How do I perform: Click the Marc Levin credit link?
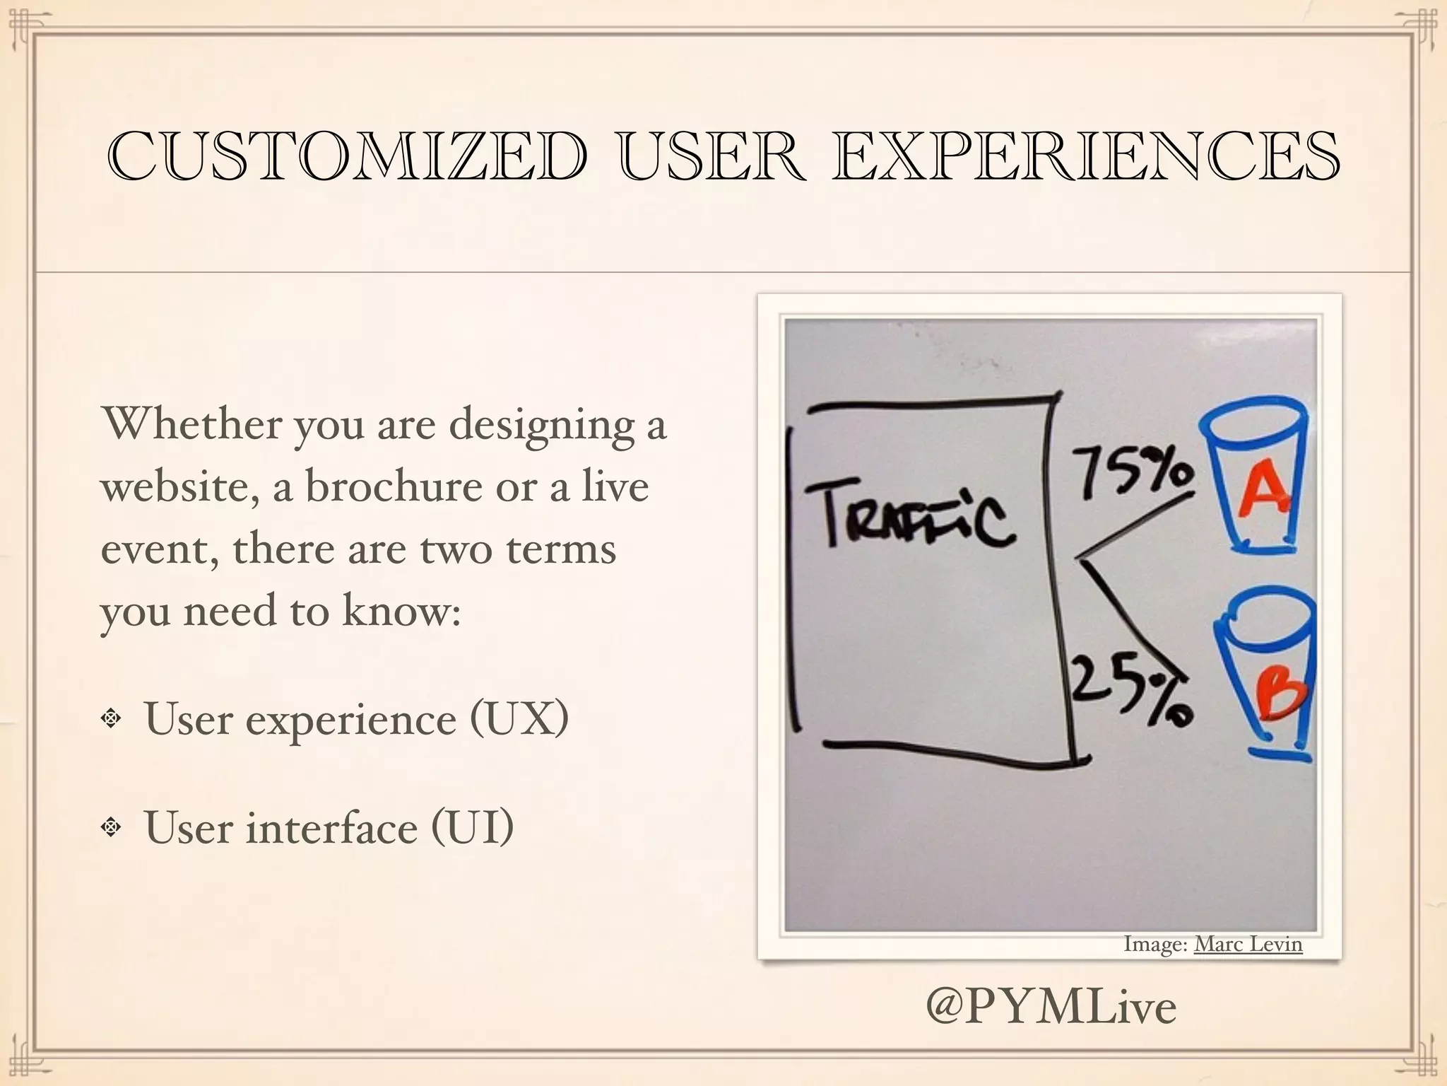click(x=1248, y=945)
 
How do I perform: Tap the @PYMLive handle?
click(x=1051, y=1007)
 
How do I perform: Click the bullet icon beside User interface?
click(x=111, y=827)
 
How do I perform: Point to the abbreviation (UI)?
click(x=471, y=827)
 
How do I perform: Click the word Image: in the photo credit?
click(x=1155, y=945)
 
